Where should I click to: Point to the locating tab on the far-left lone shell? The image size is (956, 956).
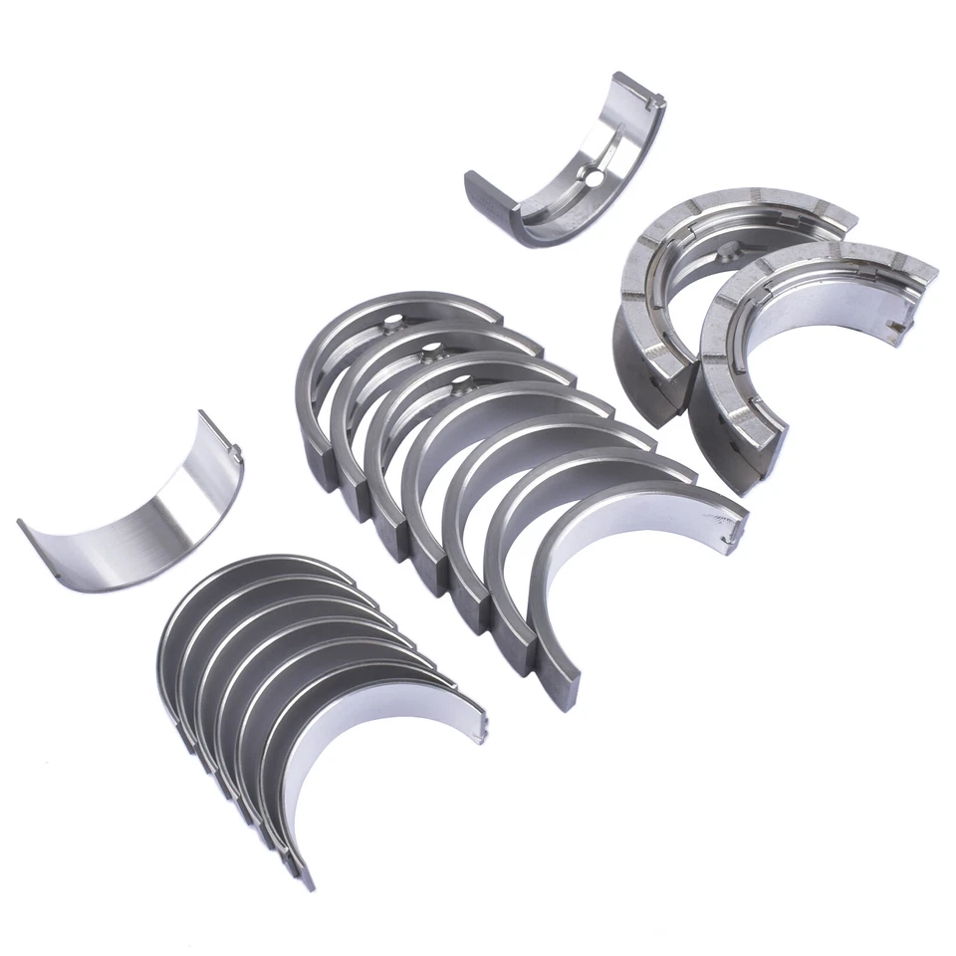pyautogui.click(x=236, y=454)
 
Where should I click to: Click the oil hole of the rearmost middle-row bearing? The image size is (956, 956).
pyautogui.click(x=399, y=322)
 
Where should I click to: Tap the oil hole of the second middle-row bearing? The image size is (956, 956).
pyautogui.click(x=430, y=350)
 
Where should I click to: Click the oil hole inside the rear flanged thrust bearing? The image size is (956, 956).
pyautogui.click(x=732, y=249)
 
